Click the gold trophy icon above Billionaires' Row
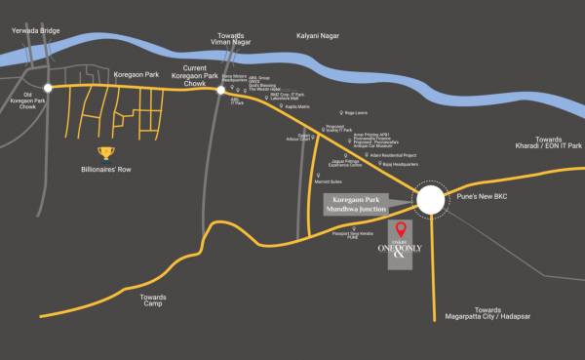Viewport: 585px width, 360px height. click(105, 152)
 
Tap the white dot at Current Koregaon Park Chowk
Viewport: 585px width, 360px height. click(222, 87)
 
